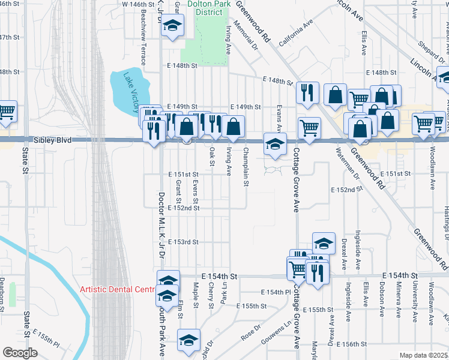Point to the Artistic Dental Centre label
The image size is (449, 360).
point(118,289)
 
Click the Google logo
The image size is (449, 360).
point(20,353)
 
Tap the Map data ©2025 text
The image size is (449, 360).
point(424,355)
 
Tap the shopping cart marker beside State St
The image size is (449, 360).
point(7,110)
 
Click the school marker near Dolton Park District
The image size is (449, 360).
point(173,26)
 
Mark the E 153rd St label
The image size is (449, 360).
point(183,242)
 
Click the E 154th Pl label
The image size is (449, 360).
point(276,292)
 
